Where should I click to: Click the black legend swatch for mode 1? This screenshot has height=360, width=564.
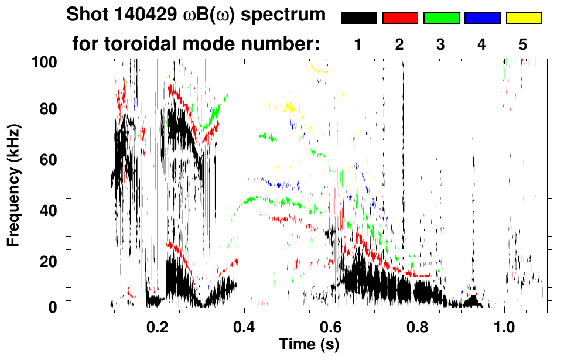[359, 18]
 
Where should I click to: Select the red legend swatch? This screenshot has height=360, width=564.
[400, 18]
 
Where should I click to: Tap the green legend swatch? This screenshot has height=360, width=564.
[441, 18]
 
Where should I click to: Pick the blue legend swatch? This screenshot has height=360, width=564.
[482, 18]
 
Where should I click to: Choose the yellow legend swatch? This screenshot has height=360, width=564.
[524, 18]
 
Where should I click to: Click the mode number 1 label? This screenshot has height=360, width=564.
[358, 44]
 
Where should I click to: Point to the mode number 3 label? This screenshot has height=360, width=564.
[440, 44]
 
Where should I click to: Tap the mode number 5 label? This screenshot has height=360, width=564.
[523, 44]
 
